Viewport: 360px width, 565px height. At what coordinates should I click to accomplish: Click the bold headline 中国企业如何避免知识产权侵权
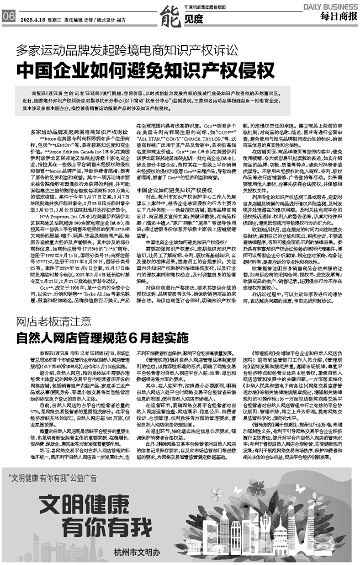click(x=146, y=71)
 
